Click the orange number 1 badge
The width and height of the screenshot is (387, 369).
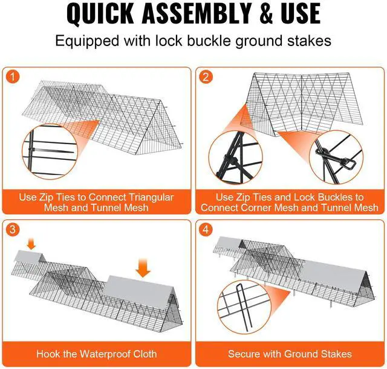12,77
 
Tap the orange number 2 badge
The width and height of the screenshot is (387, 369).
206,77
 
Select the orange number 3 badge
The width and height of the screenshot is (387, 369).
12,230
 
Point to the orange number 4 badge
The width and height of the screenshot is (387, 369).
206,230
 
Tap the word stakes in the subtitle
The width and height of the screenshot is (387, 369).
309,41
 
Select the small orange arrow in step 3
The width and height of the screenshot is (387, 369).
31,244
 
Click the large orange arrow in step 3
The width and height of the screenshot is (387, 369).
143,268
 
